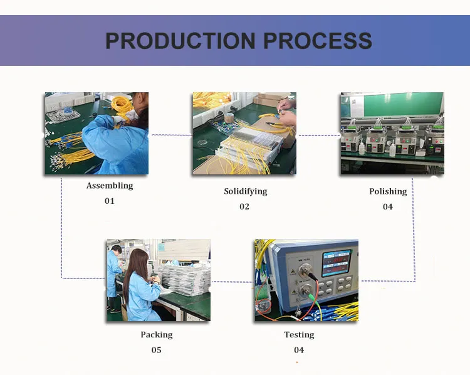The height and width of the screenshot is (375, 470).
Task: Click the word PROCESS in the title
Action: [318, 41]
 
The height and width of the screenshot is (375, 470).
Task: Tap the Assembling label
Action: [110, 186]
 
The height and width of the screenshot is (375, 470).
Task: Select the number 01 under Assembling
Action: [110, 201]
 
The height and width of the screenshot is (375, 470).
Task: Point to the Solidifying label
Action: [245, 191]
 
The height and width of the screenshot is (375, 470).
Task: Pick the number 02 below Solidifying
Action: [244, 206]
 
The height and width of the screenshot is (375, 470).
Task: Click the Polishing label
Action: [388, 191]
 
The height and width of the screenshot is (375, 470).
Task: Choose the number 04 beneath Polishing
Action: [388, 206]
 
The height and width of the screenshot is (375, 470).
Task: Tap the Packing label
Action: [156, 335]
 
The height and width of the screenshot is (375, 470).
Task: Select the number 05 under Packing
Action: [156, 350]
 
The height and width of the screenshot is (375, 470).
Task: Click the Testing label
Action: [299, 335]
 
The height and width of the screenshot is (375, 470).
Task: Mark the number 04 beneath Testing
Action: [299, 350]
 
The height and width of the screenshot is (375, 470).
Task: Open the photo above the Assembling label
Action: [97, 133]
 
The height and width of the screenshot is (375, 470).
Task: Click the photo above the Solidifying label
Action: [244, 133]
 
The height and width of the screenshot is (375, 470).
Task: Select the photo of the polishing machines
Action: [392, 133]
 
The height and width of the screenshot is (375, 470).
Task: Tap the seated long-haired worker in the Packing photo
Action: [139, 285]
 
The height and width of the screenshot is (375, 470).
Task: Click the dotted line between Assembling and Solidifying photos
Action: [170, 135]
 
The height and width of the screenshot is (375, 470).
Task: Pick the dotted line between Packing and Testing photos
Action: [232, 282]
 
